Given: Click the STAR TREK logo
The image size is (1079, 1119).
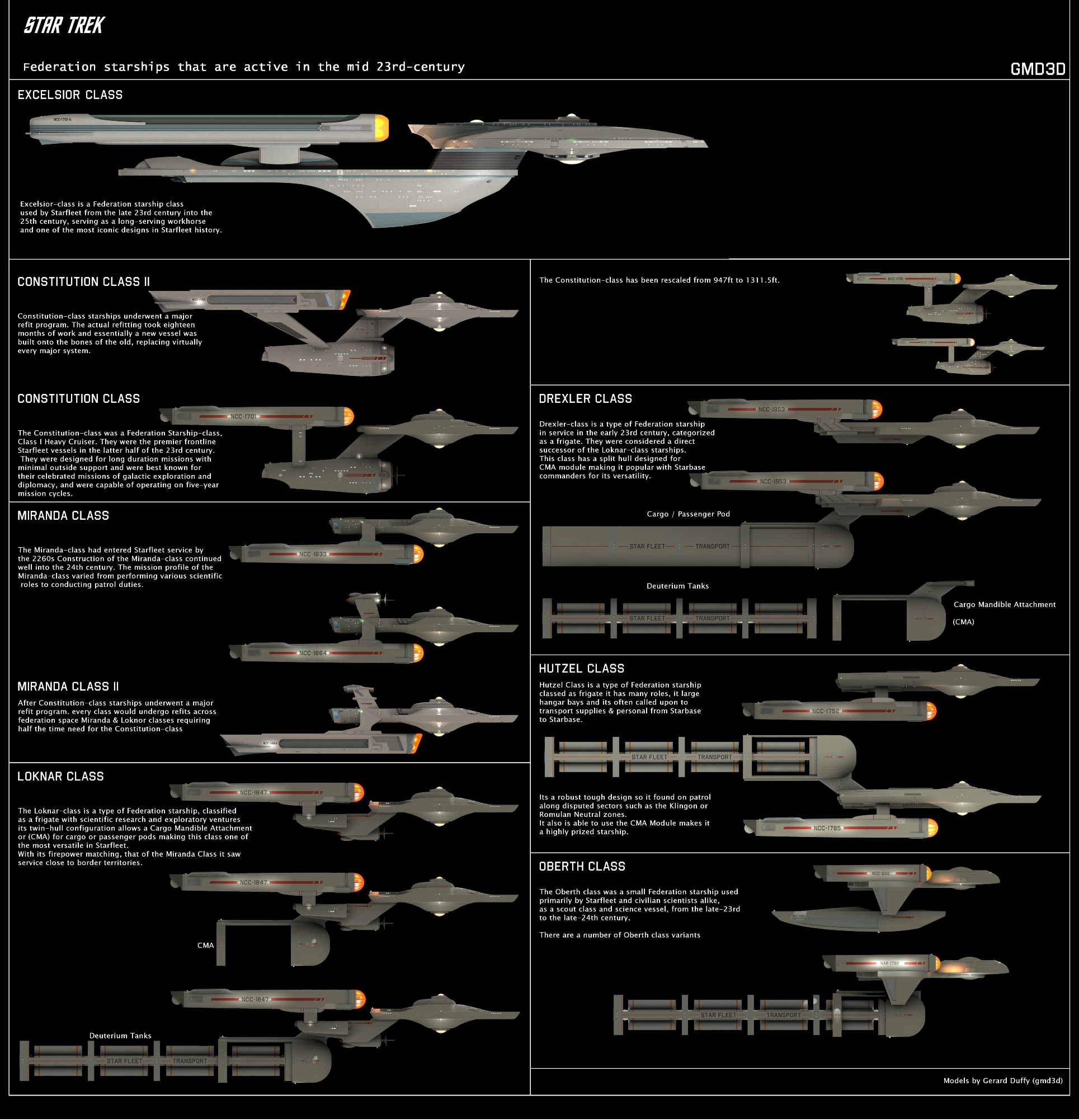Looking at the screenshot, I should (x=64, y=26).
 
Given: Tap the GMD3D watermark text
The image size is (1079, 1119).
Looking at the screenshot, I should (x=1037, y=69).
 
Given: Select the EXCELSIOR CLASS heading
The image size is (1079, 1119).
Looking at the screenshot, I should (x=70, y=95).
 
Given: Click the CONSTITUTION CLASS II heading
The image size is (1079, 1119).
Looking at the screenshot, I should (x=83, y=281).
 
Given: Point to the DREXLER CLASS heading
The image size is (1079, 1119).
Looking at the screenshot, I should (x=585, y=398).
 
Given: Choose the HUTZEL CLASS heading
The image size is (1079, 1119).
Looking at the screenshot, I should (x=581, y=668).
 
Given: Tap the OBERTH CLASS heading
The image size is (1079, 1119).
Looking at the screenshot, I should (x=582, y=866).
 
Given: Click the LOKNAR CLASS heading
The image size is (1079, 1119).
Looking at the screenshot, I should (x=60, y=776).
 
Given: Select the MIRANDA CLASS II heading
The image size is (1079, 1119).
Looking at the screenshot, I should (x=68, y=687).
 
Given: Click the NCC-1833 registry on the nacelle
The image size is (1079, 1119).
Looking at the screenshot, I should (x=313, y=554).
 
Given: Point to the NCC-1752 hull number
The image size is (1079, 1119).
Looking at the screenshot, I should (x=826, y=711).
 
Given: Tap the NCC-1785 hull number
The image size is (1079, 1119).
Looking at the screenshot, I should (x=827, y=828).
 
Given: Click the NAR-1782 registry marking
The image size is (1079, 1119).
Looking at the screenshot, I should (x=889, y=963).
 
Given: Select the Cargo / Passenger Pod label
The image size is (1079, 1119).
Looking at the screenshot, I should (x=688, y=514).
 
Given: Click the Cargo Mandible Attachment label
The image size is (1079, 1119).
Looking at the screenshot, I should (x=1004, y=604).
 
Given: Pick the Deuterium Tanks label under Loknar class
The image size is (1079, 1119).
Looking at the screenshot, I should (x=120, y=1035).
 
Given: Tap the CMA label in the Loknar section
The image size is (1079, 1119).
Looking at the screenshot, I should (x=205, y=945).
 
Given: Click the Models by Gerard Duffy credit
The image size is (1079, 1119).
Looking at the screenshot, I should (x=1002, y=1080).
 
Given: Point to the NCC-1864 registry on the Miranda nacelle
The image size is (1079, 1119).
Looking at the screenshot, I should (x=313, y=652).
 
